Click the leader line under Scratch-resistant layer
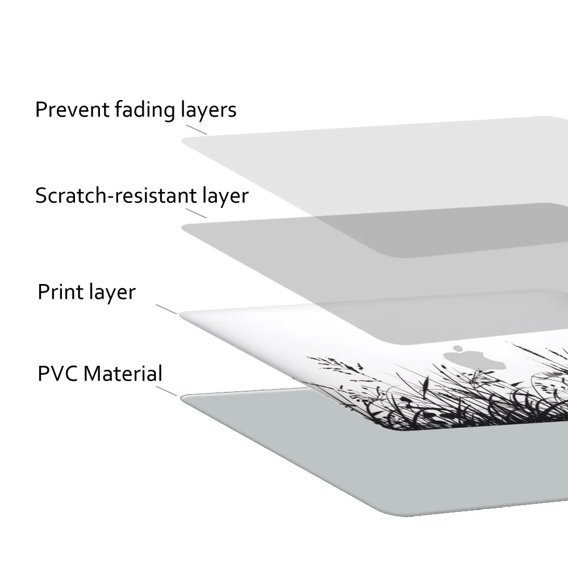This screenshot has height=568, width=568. tap(197, 213)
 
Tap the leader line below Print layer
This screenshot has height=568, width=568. tap(166, 309)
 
